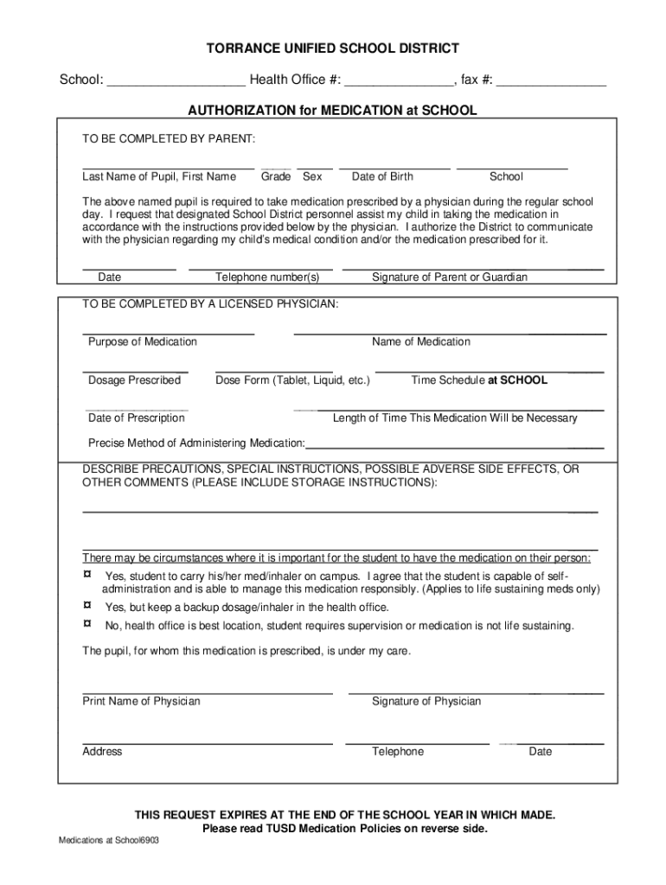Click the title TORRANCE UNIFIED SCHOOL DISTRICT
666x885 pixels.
(333, 48)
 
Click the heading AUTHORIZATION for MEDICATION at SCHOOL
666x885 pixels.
(333, 111)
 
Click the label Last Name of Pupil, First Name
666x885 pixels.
(159, 177)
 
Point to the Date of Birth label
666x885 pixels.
(382, 177)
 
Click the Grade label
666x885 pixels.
(276, 177)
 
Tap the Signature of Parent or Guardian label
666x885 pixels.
(449, 277)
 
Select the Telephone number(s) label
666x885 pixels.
(267, 277)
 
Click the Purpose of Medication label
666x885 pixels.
(143, 342)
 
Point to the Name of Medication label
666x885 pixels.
(421, 342)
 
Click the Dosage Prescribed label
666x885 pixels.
(135, 380)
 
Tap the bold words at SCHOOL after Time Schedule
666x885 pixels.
(518, 380)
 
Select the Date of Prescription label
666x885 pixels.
(137, 418)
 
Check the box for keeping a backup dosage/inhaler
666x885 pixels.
(86, 606)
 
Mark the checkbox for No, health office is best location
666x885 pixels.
(86, 624)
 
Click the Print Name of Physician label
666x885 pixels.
(141, 702)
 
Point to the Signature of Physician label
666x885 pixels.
(426, 702)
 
